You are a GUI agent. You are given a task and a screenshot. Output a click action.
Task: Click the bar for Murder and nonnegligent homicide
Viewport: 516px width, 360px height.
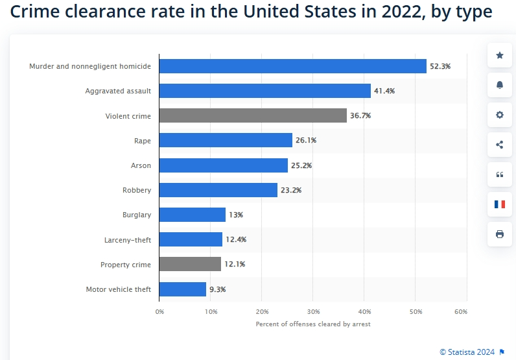[293, 66]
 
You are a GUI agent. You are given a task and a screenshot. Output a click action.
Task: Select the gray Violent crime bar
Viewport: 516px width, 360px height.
[253, 115]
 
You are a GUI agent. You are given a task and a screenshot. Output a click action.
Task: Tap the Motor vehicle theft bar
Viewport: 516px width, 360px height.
[183, 289]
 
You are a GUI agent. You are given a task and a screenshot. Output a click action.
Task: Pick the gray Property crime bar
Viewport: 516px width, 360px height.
[190, 264]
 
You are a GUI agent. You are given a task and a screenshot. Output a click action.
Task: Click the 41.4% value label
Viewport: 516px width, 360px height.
[384, 91]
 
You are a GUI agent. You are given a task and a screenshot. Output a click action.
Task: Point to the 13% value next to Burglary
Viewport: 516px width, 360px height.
[236, 215]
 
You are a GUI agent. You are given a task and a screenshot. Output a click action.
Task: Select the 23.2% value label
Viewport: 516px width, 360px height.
[291, 190]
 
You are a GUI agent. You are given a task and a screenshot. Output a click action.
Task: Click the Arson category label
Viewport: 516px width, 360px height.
[141, 165]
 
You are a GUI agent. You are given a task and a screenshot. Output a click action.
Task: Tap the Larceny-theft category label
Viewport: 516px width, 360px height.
[128, 240]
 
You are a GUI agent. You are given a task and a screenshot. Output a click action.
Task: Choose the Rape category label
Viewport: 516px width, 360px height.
[143, 141]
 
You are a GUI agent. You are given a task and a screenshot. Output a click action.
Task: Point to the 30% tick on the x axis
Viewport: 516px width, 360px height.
[313, 311]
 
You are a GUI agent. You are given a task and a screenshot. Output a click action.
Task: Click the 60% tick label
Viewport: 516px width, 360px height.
[461, 311]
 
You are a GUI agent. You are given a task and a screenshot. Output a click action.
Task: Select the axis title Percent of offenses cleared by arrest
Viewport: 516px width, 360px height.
[313, 324]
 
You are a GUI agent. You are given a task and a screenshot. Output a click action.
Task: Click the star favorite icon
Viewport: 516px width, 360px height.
[500, 55]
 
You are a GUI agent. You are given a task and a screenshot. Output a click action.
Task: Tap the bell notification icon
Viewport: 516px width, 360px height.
[500, 85]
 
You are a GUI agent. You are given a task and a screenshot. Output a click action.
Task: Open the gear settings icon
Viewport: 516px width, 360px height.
[500, 115]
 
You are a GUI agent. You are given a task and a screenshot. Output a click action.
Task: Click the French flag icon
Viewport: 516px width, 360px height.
[500, 204]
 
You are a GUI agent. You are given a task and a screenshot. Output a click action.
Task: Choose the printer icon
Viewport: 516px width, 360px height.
[500, 234]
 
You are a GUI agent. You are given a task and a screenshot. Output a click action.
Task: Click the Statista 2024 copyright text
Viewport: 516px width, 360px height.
[467, 352]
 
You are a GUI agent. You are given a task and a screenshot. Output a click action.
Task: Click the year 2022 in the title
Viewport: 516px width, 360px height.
[402, 12]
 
